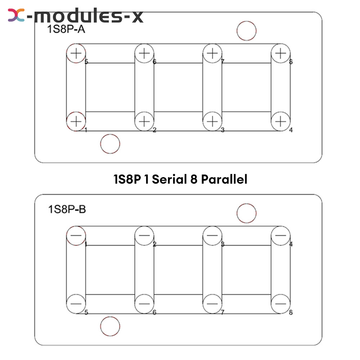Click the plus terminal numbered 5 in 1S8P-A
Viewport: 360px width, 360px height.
76,53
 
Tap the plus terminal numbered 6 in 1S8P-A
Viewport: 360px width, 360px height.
144,53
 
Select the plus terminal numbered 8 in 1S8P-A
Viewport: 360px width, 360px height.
280,53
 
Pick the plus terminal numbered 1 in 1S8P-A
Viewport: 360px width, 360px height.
76,121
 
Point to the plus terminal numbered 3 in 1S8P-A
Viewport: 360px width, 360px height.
212,121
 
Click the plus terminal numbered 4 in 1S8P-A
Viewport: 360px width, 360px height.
280,121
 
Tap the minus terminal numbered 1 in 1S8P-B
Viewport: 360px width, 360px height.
76,235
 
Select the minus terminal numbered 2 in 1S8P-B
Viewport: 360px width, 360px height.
144,235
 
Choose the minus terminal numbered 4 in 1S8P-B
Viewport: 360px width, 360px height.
280,235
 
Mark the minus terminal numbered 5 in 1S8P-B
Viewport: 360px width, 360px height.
76,304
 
